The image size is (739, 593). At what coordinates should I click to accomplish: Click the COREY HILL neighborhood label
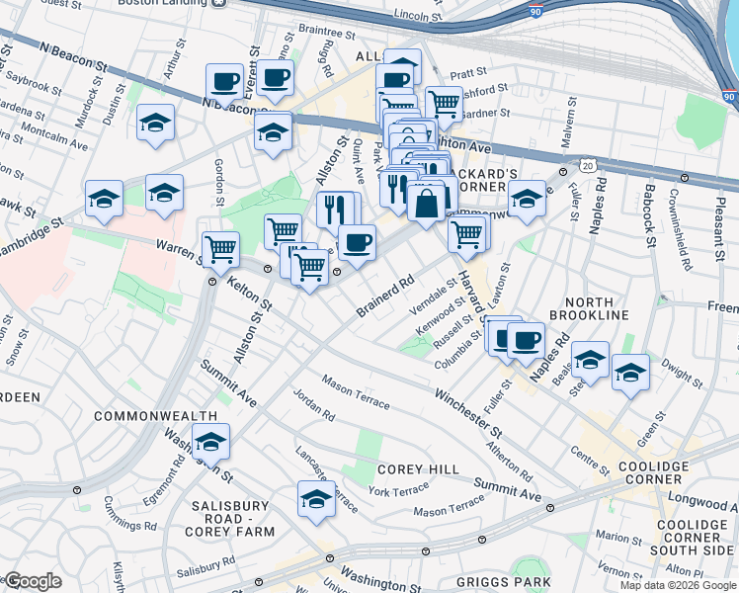click(x=414, y=469)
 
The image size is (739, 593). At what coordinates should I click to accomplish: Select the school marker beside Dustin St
click(x=155, y=123)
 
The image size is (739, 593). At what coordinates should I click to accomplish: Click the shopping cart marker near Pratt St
click(x=445, y=101)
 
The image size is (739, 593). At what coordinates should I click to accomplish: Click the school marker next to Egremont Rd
click(x=210, y=442)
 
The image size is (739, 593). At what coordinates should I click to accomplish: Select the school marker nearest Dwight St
click(x=629, y=373)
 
